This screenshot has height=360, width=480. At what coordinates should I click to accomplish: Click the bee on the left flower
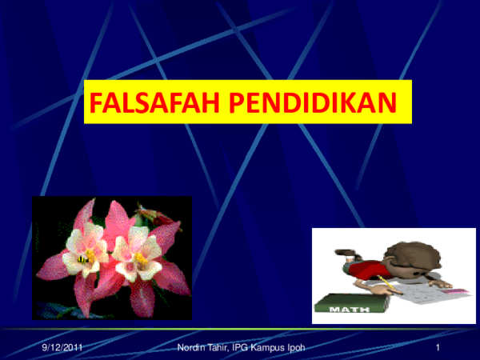pyautogui.click(x=82, y=258)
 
